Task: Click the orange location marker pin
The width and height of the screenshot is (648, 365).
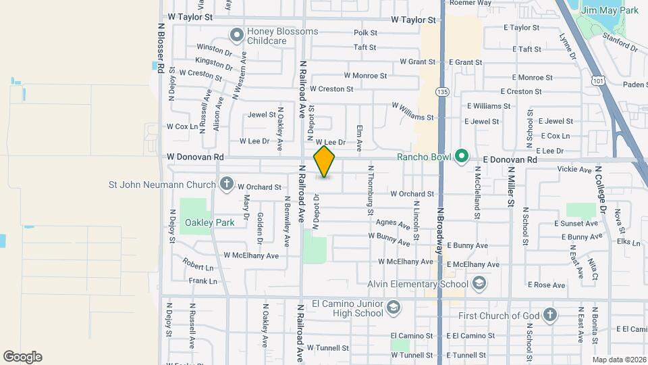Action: [x=325, y=162]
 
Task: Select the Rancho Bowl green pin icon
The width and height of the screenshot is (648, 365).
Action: [x=462, y=157]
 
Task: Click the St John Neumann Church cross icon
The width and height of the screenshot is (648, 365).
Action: [x=226, y=184]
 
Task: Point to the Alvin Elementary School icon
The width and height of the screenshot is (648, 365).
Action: [x=479, y=283]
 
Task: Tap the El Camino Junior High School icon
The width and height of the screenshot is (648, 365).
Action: [x=392, y=309]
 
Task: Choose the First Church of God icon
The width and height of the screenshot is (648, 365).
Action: [x=550, y=314]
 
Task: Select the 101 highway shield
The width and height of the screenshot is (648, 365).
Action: [x=597, y=80]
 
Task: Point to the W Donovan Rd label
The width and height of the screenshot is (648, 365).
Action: [x=196, y=157]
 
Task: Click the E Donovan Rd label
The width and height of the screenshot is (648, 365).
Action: [x=510, y=160]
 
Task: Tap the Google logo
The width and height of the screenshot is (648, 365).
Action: [x=22, y=357]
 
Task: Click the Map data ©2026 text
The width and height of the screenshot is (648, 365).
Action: [x=618, y=359]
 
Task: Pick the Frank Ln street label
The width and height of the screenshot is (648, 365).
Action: [x=203, y=281]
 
